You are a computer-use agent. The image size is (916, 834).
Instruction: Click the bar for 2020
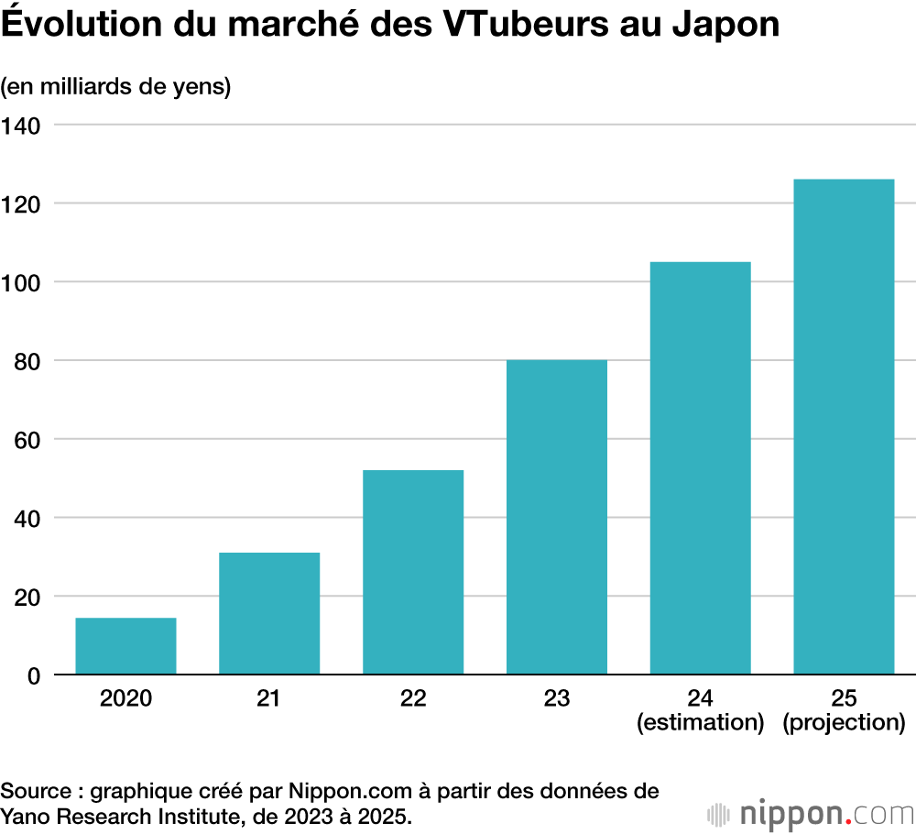coord(125,646)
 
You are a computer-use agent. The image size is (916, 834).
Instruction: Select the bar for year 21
coord(269,613)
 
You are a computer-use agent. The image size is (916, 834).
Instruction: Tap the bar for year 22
coord(413,572)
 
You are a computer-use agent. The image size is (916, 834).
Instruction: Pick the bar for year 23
coord(557,517)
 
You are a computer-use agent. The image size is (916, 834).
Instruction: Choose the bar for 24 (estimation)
coord(701,468)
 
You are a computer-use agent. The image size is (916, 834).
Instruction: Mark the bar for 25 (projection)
coord(844,427)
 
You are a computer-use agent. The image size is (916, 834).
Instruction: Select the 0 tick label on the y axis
coord(34,676)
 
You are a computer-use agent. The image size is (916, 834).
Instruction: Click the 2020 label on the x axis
coord(125,698)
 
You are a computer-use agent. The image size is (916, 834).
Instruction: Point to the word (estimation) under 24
coord(701,722)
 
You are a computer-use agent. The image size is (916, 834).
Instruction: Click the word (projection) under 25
coord(844,722)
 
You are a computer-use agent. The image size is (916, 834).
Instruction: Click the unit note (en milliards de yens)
coord(115,87)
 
